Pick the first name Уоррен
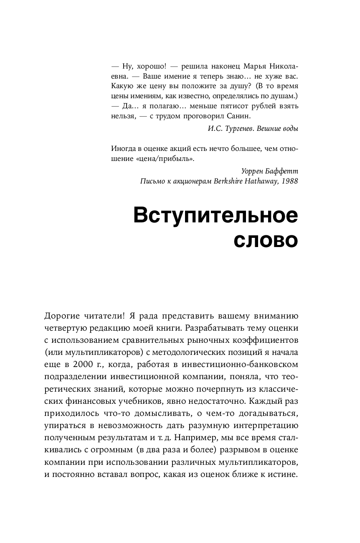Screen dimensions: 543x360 tap(253, 172)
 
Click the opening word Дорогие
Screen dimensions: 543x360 tap(61, 315)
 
